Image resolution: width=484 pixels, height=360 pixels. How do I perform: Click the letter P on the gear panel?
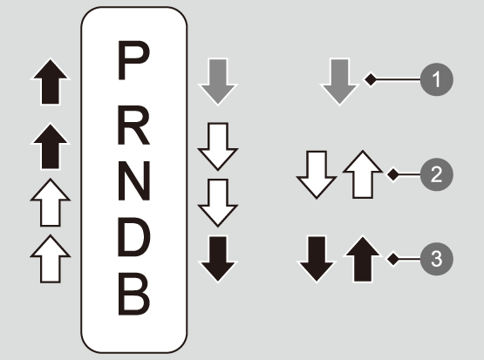click(133, 60)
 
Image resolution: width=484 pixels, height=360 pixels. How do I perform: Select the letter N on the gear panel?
click(134, 180)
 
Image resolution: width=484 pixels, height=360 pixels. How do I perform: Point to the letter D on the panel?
click(134, 237)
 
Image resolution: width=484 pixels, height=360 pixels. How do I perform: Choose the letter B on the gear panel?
click(134, 294)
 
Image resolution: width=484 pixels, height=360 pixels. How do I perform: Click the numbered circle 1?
click(436, 79)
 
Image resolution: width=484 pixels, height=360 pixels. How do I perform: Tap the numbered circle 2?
click(436, 174)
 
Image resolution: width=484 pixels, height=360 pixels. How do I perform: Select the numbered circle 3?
click(436, 259)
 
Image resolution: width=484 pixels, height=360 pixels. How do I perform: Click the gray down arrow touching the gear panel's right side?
click(218, 82)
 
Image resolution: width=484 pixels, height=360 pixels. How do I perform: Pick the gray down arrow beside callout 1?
click(339, 82)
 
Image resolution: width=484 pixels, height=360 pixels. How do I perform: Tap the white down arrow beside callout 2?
click(317, 175)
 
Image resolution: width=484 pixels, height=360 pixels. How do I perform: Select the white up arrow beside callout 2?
click(363, 174)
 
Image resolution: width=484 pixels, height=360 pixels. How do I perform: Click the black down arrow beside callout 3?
click(317, 259)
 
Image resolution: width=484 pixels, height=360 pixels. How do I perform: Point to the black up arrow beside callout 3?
click(363, 259)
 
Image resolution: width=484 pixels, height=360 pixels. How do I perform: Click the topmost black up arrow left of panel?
click(51, 81)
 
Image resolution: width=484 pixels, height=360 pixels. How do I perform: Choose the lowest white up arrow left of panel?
click(51, 259)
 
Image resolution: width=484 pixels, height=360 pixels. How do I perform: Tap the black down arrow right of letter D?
click(218, 259)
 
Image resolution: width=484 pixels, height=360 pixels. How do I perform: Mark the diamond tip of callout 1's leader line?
click(371, 79)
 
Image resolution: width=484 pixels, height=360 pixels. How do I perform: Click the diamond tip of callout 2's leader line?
click(393, 174)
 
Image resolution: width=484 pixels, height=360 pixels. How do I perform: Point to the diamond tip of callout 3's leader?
click(393, 259)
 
